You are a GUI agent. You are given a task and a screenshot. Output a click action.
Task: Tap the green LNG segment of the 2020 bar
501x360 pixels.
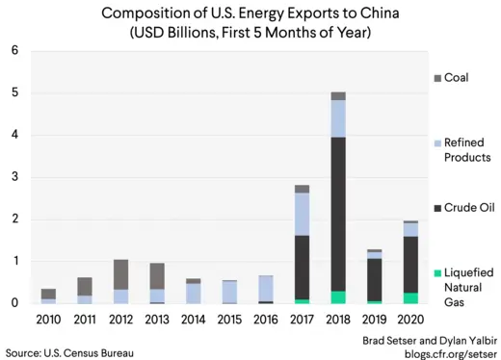pyautogui.click(x=410, y=298)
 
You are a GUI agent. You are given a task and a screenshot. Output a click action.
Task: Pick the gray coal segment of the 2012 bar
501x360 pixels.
pyautogui.click(x=120, y=274)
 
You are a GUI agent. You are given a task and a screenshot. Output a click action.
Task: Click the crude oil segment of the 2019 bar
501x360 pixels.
pyautogui.click(x=374, y=279)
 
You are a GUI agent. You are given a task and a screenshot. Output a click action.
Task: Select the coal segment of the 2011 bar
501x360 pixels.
pyautogui.click(x=85, y=286)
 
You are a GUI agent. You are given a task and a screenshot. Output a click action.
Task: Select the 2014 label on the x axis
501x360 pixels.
pyautogui.click(x=193, y=319)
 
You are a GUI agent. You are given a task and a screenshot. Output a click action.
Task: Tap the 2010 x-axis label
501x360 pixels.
pyautogui.click(x=48, y=319)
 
